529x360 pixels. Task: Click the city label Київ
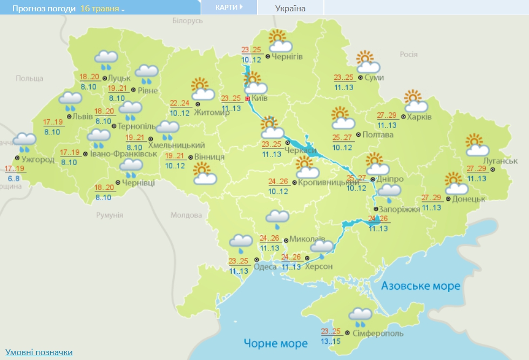point(260,99)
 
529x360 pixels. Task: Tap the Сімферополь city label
point(370,334)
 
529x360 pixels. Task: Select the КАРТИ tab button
point(228,7)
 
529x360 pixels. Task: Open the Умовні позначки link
point(39,352)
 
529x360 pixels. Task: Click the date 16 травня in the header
point(102,9)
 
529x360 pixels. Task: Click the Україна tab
point(290,8)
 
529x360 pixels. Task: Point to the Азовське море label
point(421,286)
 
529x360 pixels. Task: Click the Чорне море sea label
point(275,343)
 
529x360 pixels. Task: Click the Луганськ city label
point(500,161)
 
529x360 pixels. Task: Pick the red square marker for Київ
point(248,99)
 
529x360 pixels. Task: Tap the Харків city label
point(421,116)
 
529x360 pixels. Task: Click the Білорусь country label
point(187,20)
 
